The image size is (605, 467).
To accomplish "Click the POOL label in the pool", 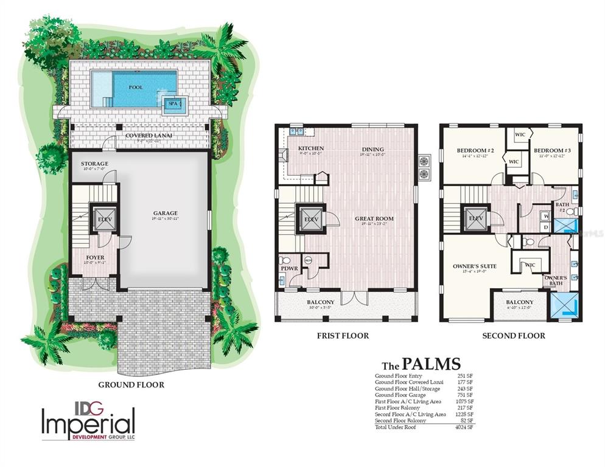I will click(136, 88).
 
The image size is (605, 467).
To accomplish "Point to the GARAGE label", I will click(166, 213).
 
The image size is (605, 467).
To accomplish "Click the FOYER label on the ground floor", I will click(95, 257).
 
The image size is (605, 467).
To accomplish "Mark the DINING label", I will click(372, 148).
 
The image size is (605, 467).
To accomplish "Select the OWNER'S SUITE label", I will click(475, 266).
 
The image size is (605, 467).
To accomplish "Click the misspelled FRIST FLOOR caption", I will click(343, 336).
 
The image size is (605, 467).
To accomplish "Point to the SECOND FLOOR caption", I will click(514, 336).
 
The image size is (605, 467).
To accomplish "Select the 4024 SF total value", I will click(463, 428).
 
